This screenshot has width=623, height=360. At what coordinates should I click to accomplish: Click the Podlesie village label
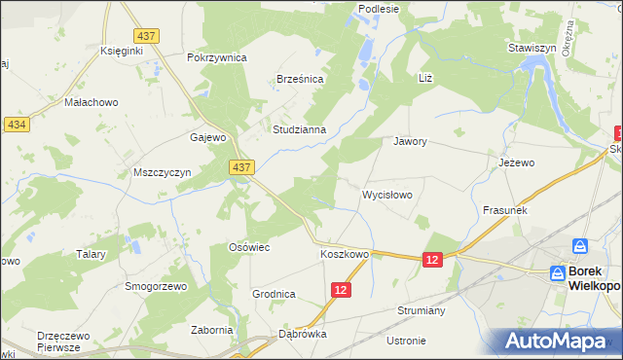379,9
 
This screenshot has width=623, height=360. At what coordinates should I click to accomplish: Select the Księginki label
123,52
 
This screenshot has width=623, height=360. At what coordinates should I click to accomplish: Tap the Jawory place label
411,141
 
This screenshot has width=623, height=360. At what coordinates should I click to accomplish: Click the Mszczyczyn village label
162,172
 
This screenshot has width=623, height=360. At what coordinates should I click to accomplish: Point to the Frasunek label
504,210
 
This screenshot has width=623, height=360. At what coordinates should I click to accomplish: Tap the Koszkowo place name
345,254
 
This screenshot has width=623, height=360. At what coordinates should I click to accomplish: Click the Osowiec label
248,248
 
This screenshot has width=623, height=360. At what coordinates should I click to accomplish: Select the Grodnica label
274,293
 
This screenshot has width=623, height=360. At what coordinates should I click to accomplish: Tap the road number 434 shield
16,126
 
